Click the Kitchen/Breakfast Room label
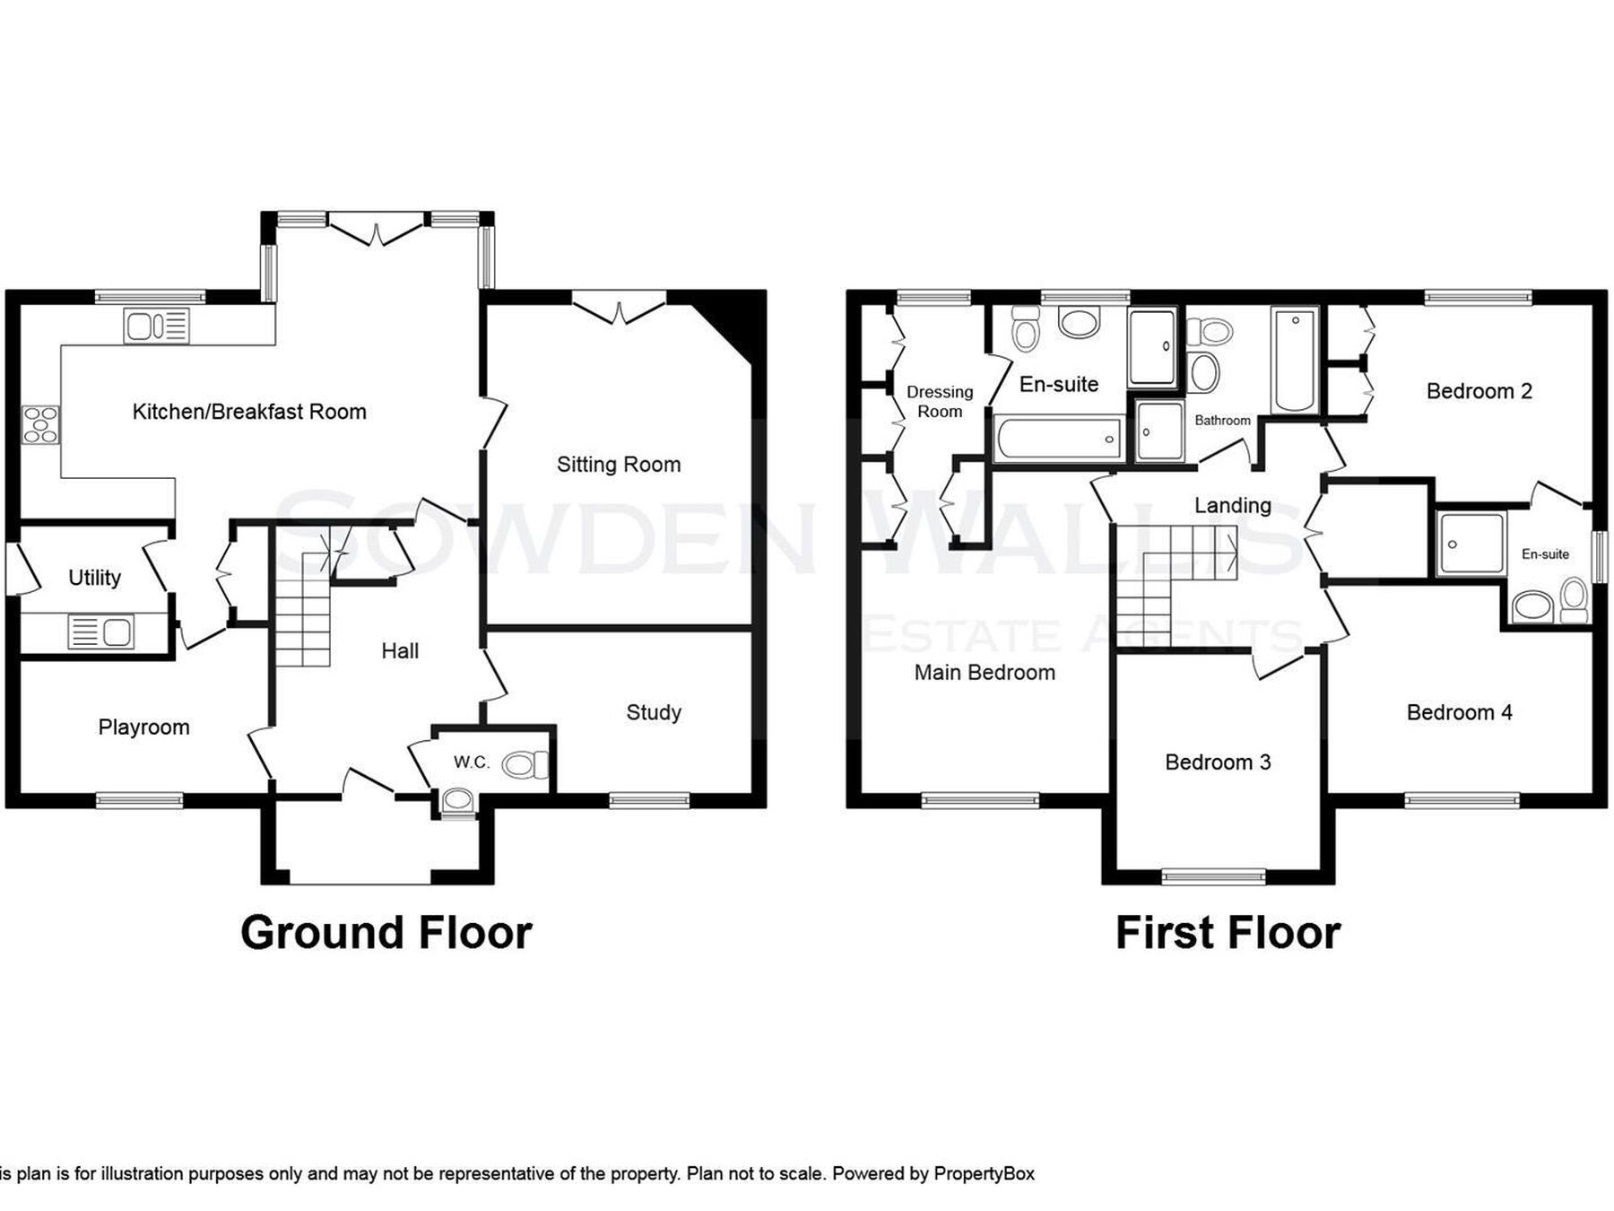[x=249, y=412]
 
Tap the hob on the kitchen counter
[x=40, y=424]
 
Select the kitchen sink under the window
[x=157, y=326]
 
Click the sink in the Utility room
[x=100, y=632]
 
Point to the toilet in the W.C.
[x=525, y=765]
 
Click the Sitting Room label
[x=619, y=465]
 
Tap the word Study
[x=654, y=712]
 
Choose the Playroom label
[x=144, y=727]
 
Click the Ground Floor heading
[x=386, y=933]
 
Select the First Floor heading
[x=1228, y=933]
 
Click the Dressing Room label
[x=940, y=402]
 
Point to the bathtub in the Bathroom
[x=1294, y=360]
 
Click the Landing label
[x=1233, y=505]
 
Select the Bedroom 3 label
[x=1218, y=762]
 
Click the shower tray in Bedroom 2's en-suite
[x=1471, y=544]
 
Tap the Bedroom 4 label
[x=1460, y=712]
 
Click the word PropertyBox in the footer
[x=985, y=1173]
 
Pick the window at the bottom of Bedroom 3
[x=1214, y=876]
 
